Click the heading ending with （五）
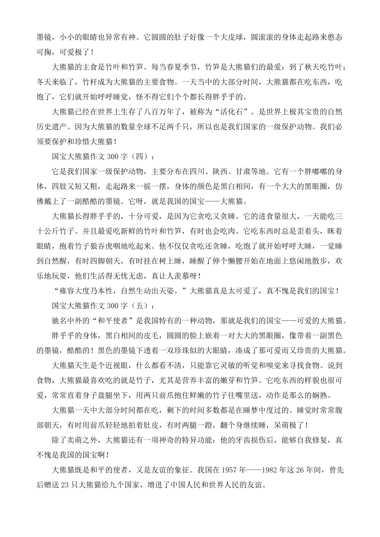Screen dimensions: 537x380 click(x=102, y=306)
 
